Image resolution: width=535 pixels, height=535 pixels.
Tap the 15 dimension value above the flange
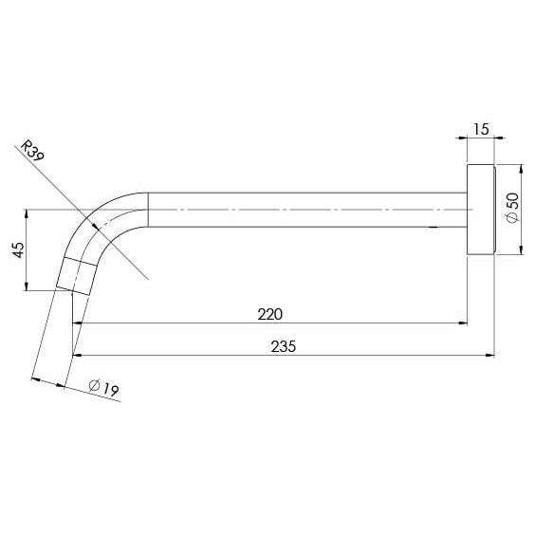coord(481,128)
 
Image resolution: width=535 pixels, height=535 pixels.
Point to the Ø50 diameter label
coord(513,208)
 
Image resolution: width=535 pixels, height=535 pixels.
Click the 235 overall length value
coord(284,346)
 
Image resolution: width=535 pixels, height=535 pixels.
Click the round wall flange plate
coord(482,210)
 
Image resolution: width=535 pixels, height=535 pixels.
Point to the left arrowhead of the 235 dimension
coord(76,357)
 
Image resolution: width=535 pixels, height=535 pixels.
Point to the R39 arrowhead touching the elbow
coord(96,226)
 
